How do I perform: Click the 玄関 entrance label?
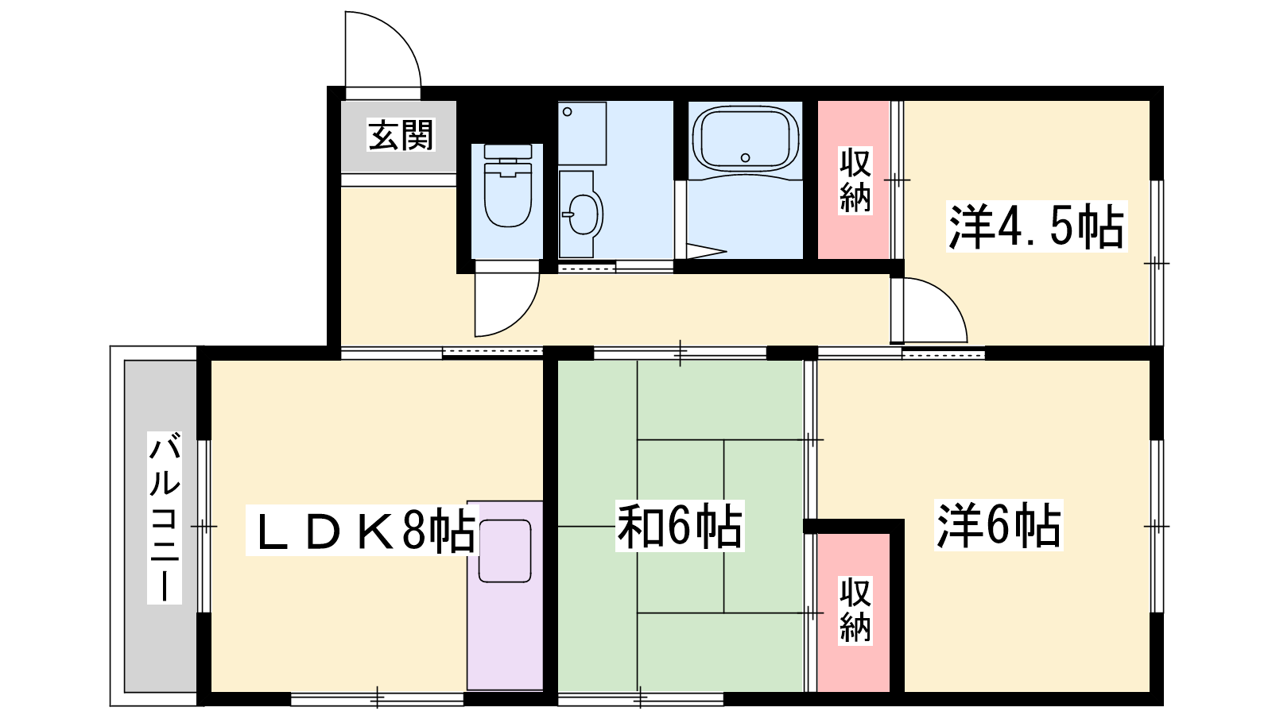point(401,135)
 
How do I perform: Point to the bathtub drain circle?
point(745,158)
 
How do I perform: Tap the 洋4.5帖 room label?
point(1037,226)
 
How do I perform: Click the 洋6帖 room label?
point(999,525)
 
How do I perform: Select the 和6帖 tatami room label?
point(680,525)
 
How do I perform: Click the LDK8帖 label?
point(363,530)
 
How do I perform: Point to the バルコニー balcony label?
point(165,517)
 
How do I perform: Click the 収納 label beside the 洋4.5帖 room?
point(855,180)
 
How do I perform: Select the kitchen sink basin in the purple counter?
point(504,551)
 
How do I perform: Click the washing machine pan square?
point(582,133)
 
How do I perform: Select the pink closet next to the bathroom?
point(853,180)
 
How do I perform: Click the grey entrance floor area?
point(398,137)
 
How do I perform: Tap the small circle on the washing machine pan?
point(568,112)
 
